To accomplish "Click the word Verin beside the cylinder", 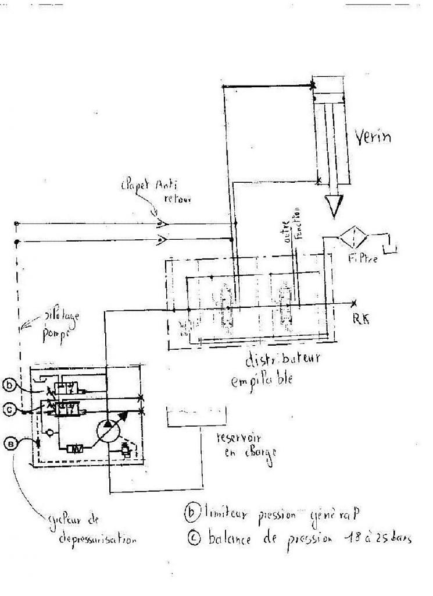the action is pyautogui.click(x=373, y=138).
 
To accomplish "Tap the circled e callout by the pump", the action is pyautogui.click(x=11, y=443).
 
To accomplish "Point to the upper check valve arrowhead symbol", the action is pyautogui.click(x=161, y=222).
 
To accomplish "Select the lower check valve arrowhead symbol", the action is pyautogui.click(x=161, y=239).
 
